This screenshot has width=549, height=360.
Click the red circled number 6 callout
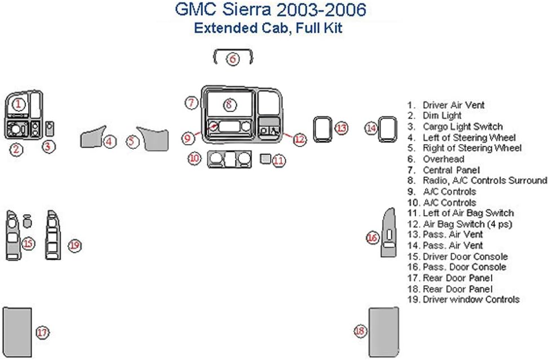point(233,58)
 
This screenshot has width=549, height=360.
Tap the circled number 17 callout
point(42,332)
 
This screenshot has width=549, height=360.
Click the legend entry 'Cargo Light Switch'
point(462,127)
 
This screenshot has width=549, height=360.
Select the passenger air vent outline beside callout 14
point(387,128)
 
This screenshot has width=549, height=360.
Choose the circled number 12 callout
point(300,139)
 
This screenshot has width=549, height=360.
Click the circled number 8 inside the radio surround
point(228,104)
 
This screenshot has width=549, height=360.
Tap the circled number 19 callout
point(74,245)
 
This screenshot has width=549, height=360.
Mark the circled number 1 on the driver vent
point(19,104)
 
